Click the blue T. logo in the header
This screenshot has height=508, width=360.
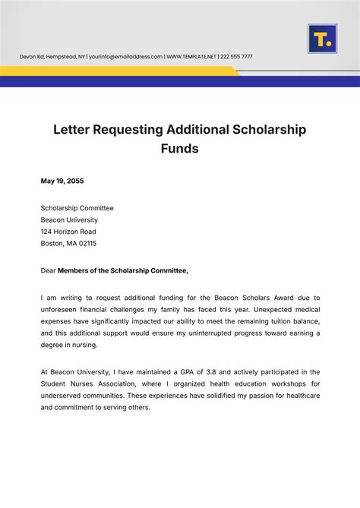point(322,39)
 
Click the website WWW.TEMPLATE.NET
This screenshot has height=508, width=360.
point(192,57)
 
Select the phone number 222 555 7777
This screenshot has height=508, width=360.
point(238,57)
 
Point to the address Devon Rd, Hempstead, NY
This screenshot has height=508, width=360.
point(52,57)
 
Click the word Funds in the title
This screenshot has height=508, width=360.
point(179,149)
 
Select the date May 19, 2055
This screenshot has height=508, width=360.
point(62,181)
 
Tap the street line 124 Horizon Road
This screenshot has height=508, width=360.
point(68,232)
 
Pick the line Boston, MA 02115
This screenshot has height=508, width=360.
point(68,244)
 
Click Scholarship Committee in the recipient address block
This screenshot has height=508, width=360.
point(77,207)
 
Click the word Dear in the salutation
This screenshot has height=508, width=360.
point(49,270)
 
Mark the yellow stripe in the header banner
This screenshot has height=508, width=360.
point(114,71)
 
